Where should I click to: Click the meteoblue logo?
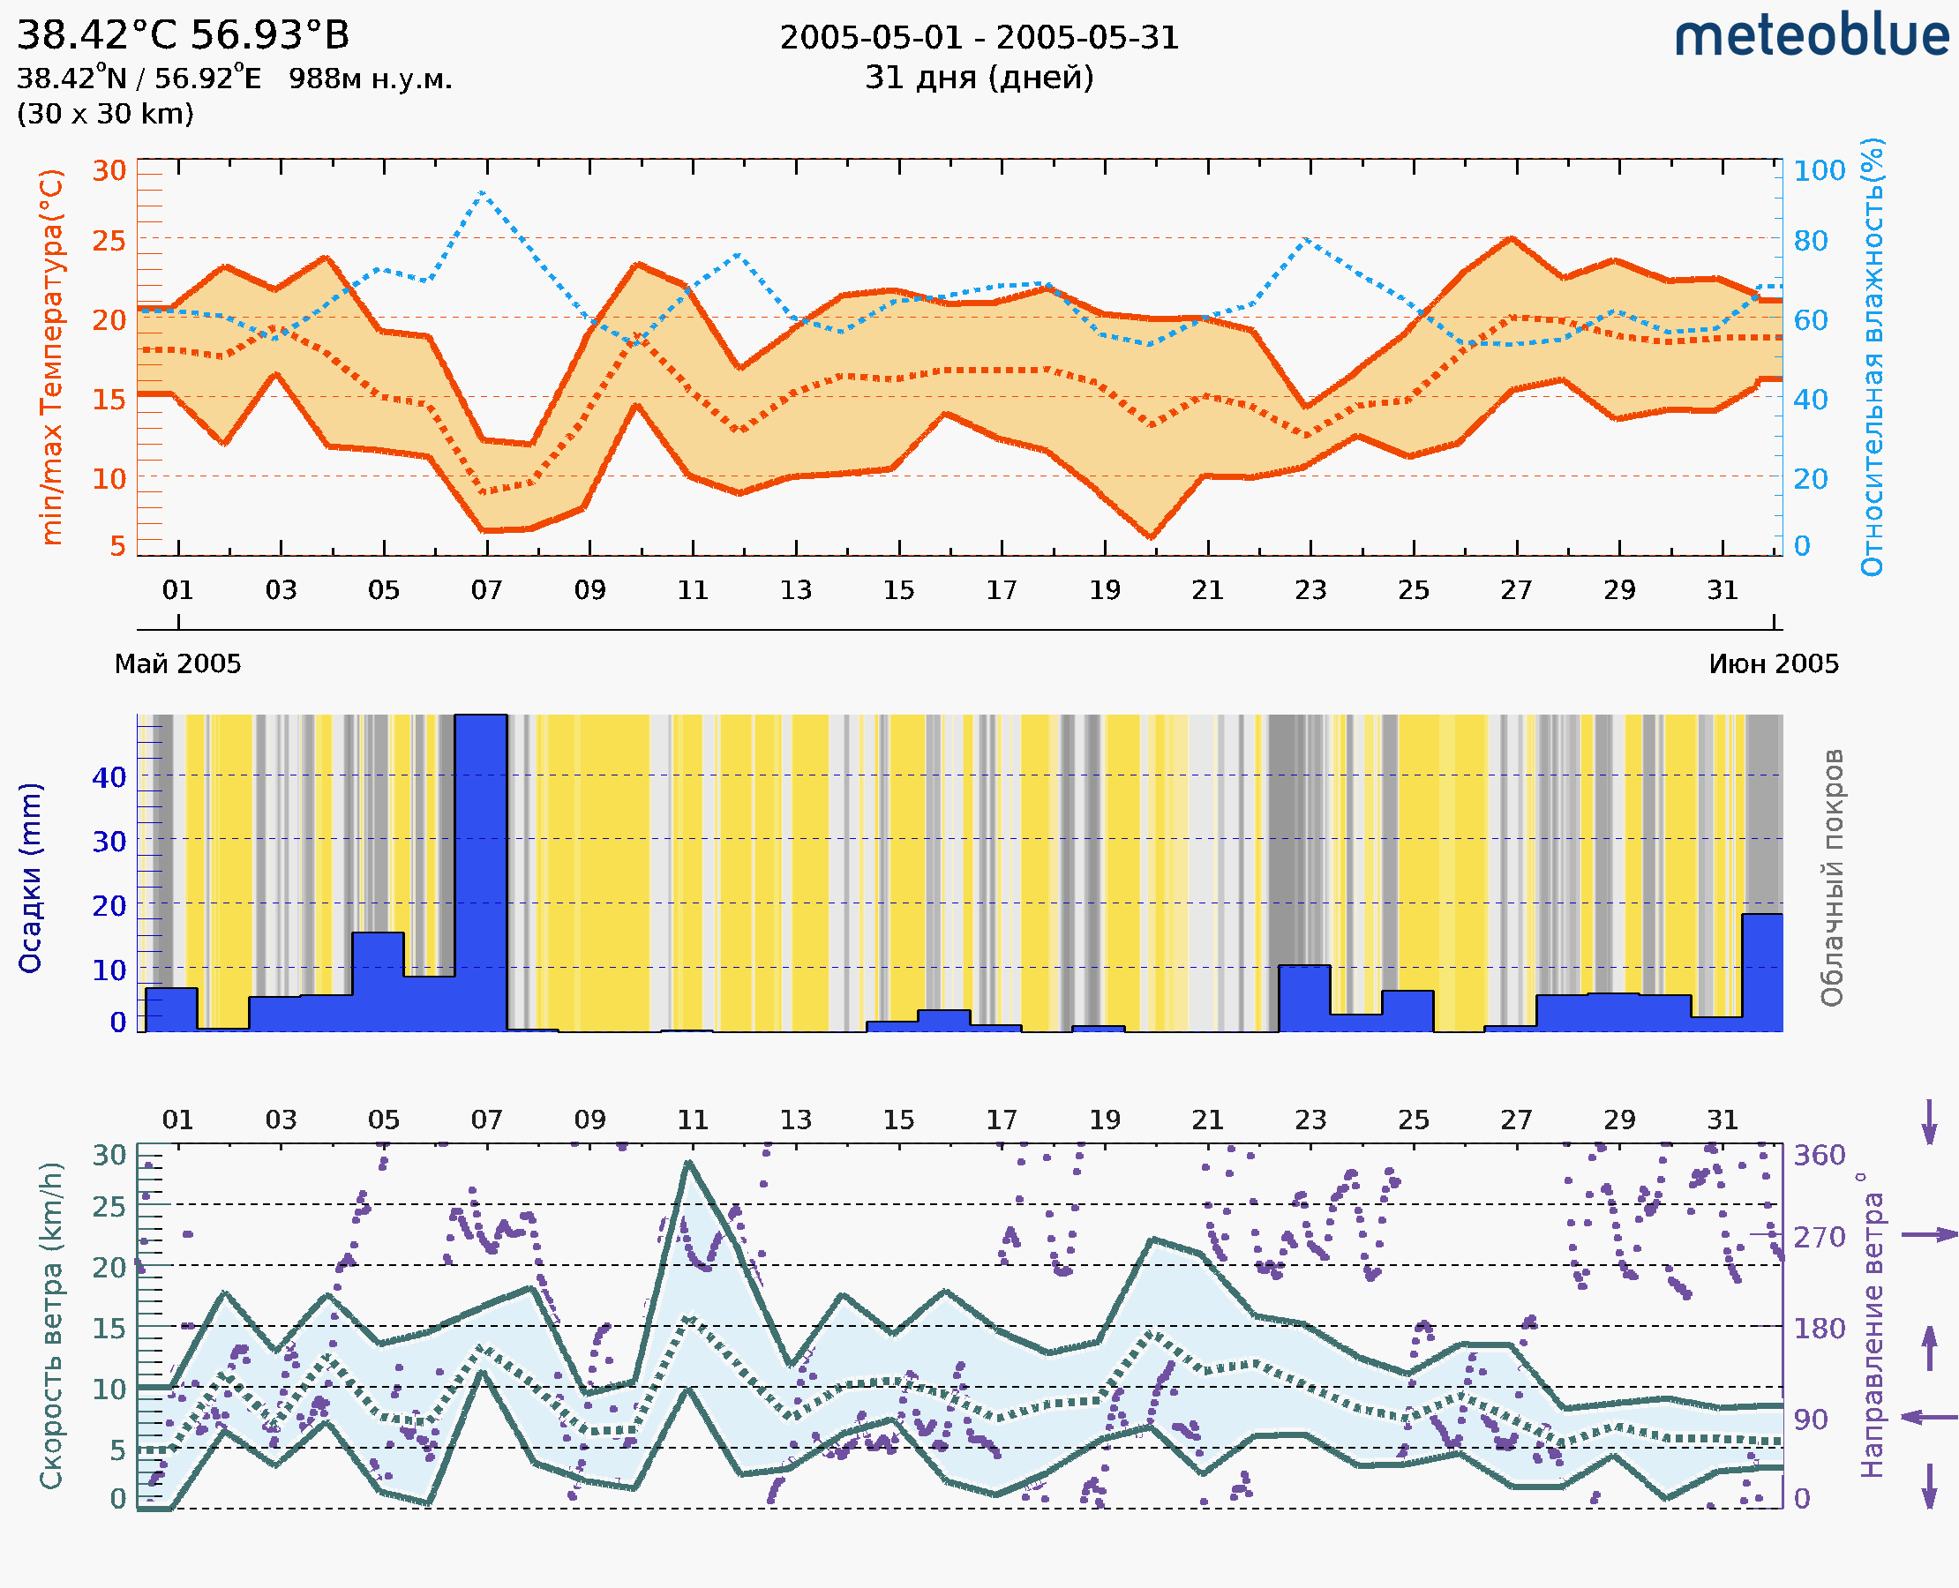[x=1811, y=36]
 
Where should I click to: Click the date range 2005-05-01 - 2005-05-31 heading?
[x=979, y=39]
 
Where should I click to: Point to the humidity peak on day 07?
[x=482, y=193]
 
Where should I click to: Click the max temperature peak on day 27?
[x=1512, y=239]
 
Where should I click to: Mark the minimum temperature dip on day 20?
[x=1151, y=537]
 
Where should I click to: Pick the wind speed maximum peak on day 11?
[x=689, y=1163]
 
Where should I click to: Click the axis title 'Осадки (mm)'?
[x=30, y=877]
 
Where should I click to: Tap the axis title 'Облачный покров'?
[x=1832, y=877]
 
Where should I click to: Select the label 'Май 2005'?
[x=177, y=664]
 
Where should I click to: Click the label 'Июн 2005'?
[x=1774, y=664]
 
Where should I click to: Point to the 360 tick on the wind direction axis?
[x=1819, y=1156]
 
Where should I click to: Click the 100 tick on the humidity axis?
[x=1819, y=171]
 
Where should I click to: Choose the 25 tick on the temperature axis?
[x=109, y=241]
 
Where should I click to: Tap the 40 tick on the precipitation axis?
[x=109, y=777]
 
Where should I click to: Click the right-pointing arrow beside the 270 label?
[x=1929, y=1235]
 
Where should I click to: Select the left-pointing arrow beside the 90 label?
[x=1929, y=1418]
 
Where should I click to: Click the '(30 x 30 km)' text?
[x=105, y=114]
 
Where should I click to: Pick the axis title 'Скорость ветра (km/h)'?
[x=51, y=1325]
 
